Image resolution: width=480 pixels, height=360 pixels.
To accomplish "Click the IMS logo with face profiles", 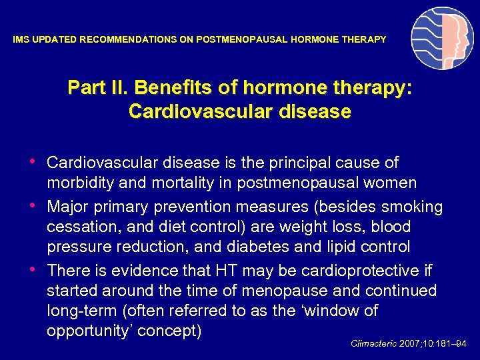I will pos(441,38).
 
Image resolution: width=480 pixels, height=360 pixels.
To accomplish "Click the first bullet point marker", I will pos(34,161).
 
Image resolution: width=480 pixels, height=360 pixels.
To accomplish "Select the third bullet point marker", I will pos(34,269).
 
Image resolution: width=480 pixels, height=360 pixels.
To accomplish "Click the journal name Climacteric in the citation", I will pos(373,344).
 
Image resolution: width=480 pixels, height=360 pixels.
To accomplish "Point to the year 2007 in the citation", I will pos(411,344).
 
